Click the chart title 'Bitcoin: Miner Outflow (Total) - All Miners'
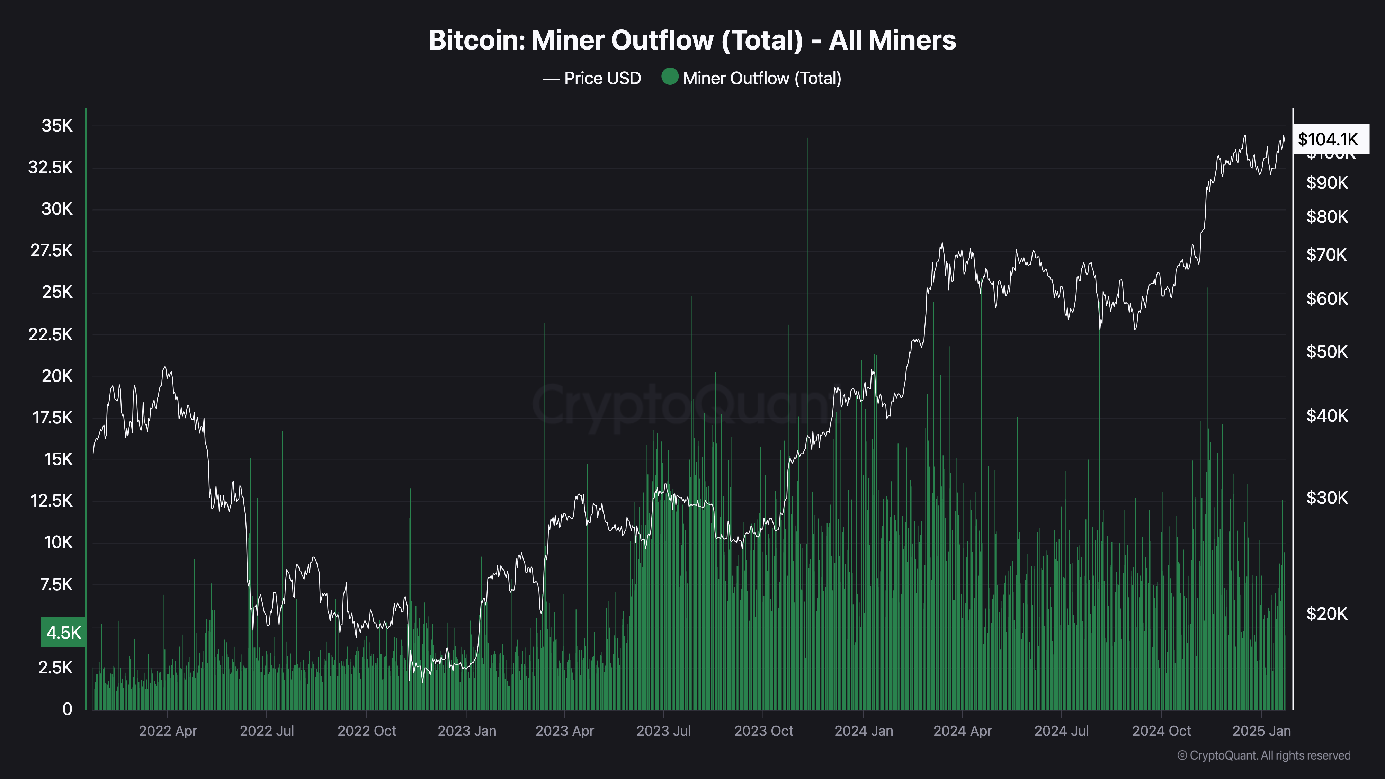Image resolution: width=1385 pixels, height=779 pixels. coord(692,40)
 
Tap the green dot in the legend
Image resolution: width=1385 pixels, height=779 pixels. coord(669,77)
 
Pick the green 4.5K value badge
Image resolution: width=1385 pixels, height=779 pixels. coord(63,632)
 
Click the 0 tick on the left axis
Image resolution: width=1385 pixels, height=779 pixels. coord(67,709)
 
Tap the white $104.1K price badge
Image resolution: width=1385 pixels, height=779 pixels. coord(1328,139)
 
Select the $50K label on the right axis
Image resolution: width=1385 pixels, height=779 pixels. coord(1327,352)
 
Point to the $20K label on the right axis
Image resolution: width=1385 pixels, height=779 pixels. coord(1327,614)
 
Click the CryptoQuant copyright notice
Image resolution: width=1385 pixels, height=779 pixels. coord(1263,755)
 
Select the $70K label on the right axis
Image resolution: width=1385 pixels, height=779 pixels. coord(1327,254)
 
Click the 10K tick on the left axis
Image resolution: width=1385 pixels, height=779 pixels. coord(57,543)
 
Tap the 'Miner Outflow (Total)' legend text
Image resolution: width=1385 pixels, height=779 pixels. coord(762,79)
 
